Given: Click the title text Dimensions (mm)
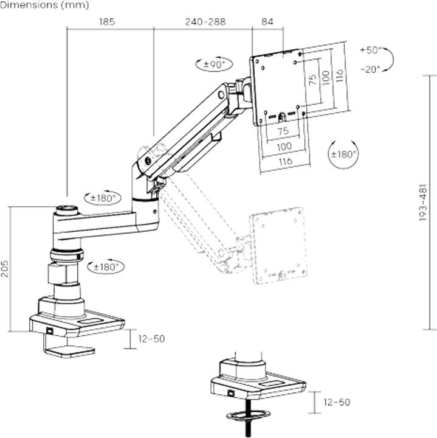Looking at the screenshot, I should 44,5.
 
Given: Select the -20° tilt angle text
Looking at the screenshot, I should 370,69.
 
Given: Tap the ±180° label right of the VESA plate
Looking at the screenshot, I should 343,154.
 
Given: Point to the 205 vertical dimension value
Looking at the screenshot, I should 5,268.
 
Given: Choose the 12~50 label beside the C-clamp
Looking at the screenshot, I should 151,338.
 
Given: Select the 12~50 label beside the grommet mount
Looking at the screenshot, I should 336,402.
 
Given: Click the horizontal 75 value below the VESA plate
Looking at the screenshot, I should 283,131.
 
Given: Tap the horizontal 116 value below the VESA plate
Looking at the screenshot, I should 283,161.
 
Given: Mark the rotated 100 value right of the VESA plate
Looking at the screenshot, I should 326,76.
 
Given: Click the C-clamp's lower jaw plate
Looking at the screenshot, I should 71,351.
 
